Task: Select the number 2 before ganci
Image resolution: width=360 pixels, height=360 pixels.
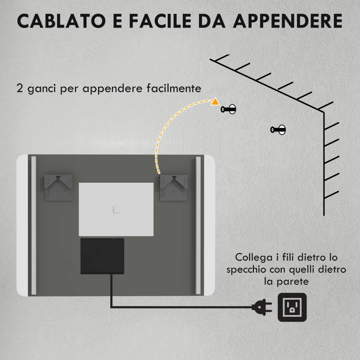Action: tap(20, 88)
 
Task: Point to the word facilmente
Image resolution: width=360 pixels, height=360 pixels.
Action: tap(173, 88)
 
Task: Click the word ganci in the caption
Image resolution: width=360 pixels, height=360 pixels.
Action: tap(42, 89)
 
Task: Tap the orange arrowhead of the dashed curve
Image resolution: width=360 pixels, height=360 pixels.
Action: tap(216, 101)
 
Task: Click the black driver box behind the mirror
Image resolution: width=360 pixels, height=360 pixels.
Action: tap(102, 256)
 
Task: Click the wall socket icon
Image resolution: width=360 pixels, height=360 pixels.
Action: tap(292, 307)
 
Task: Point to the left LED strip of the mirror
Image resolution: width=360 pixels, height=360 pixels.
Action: tap(33, 225)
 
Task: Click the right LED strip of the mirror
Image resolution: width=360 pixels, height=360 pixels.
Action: tap(198, 225)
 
